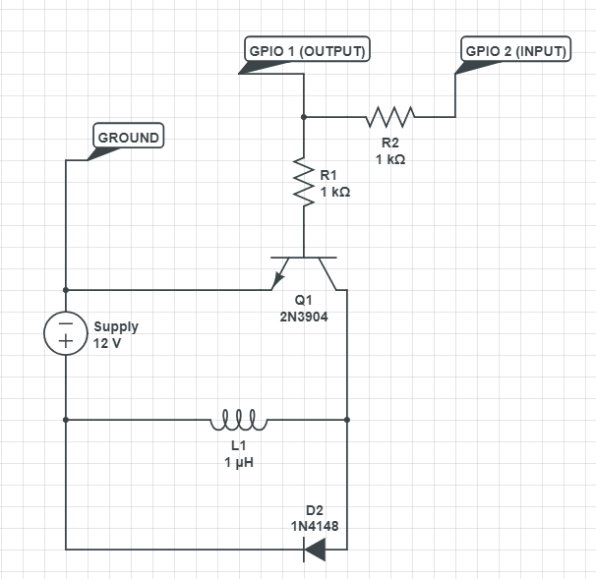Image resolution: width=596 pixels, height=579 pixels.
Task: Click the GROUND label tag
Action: click(x=128, y=138)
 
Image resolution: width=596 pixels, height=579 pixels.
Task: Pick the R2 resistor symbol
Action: click(x=390, y=117)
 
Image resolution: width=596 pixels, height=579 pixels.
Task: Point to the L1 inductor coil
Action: click(x=238, y=421)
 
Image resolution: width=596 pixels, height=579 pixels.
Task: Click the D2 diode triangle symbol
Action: click(x=315, y=549)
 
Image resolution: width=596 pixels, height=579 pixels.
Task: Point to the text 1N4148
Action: click(x=315, y=526)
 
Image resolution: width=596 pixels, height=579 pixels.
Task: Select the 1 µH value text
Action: click(x=239, y=462)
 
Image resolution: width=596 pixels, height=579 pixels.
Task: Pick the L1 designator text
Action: click(x=239, y=446)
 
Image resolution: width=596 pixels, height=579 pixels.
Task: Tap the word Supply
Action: click(x=116, y=326)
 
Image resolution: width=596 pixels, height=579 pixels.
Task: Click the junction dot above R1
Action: click(x=304, y=117)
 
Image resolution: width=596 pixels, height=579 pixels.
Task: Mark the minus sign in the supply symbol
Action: click(x=66, y=322)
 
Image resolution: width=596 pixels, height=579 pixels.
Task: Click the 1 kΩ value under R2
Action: click(x=389, y=158)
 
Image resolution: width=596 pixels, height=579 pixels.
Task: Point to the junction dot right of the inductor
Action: click(x=347, y=420)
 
